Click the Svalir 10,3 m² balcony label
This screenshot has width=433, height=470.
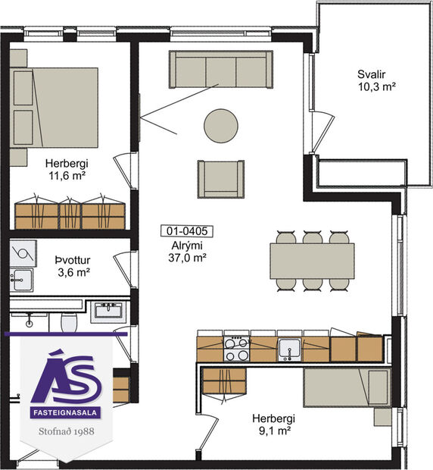pyautogui.click(x=373, y=80)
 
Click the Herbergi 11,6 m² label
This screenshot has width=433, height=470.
pyautogui.click(x=64, y=169)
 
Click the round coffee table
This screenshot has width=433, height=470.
pyautogui.click(x=220, y=124)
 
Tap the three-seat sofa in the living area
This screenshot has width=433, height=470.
pyautogui.click(x=220, y=69)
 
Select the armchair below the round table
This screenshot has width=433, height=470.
pyautogui.click(x=221, y=178)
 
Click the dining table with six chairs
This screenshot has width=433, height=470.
pyautogui.click(x=313, y=260)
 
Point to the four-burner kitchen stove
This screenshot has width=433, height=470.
pyautogui.click(x=237, y=349)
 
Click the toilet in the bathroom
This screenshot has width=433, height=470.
pyautogui.click(x=69, y=322)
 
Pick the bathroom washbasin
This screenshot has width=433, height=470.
pyautogui.click(x=109, y=311)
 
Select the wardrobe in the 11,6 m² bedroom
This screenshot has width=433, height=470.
pyautogui.click(x=70, y=212)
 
